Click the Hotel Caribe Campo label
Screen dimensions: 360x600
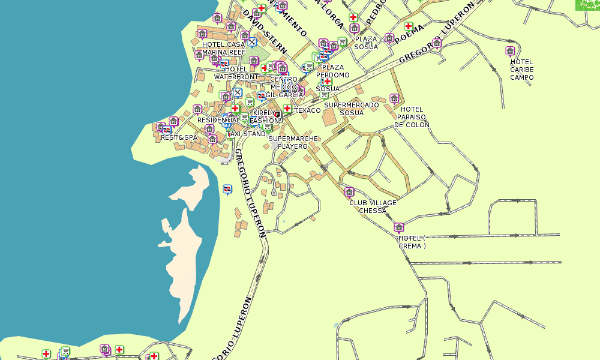tap(521, 70)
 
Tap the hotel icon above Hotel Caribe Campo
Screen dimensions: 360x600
tap(510, 51)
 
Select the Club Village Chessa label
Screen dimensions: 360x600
tap(373, 206)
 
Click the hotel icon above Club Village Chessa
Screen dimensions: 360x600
tap(349, 192)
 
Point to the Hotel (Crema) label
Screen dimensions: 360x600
tap(412, 242)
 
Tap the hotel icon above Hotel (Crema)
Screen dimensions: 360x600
tap(399, 227)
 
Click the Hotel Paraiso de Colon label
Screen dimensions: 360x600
tap(412, 117)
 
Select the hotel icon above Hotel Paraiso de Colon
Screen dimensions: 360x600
tap(394, 98)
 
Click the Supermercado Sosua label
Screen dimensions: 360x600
tap(351, 109)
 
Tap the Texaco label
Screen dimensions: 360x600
tap(307, 110)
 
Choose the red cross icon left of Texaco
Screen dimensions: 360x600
tap(287, 109)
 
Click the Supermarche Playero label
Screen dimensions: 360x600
tap(293, 142)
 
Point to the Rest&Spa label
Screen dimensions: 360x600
tap(179, 137)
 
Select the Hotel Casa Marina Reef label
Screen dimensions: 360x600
tap(224, 48)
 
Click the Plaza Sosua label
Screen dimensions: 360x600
tap(366, 43)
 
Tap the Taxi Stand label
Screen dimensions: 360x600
tap(245, 134)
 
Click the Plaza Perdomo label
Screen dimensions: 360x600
tap(333, 71)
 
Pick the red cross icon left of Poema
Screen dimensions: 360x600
tap(409, 26)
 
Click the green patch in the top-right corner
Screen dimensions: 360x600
tap(587, 5)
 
